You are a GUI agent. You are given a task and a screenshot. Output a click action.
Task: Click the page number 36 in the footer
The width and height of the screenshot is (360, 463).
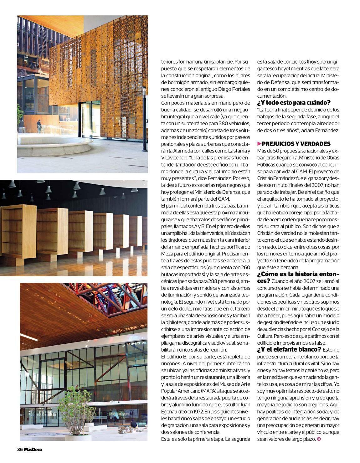[20, 450]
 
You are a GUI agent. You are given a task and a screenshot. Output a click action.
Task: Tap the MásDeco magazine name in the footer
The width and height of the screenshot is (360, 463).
[33, 450]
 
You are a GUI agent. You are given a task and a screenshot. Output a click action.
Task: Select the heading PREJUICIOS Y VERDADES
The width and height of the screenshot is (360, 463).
[296, 144]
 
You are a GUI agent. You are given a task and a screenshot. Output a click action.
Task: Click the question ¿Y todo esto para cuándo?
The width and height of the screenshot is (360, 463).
[294, 103]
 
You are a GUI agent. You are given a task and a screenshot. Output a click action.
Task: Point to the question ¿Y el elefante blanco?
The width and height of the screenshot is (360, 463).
[289, 349]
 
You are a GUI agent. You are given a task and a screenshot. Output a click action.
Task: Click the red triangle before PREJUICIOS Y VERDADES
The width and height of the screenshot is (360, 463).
[259, 144]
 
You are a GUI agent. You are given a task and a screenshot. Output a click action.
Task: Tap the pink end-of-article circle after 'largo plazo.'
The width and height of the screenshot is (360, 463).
[319, 439]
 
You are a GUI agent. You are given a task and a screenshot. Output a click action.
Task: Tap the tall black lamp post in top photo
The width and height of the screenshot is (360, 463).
[145, 119]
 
